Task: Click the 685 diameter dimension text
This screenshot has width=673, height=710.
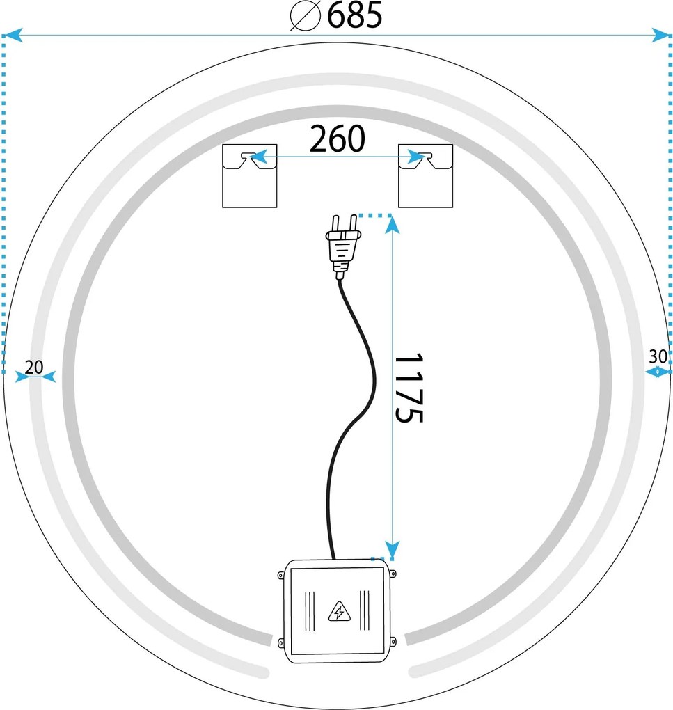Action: tap(355, 16)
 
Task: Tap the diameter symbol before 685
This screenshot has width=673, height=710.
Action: tap(304, 16)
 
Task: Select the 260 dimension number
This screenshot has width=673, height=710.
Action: tap(337, 140)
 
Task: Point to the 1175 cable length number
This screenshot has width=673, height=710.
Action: tap(409, 388)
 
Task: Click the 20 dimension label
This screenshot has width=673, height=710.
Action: tap(33, 367)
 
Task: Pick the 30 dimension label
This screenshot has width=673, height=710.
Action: tap(658, 357)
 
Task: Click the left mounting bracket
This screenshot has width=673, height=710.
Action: tap(249, 175)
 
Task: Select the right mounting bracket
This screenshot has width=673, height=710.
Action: tap(425, 175)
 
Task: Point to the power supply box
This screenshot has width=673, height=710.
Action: tap(338, 610)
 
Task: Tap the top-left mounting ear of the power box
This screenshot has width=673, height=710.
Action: tap(280, 575)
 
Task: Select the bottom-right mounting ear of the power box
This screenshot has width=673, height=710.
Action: tap(393, 640)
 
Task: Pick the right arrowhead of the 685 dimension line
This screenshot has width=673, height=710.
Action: tap(660, 34)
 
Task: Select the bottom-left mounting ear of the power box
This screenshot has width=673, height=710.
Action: tap(280, 640)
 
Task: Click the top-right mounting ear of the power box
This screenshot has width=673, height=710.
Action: tap(393, 575)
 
